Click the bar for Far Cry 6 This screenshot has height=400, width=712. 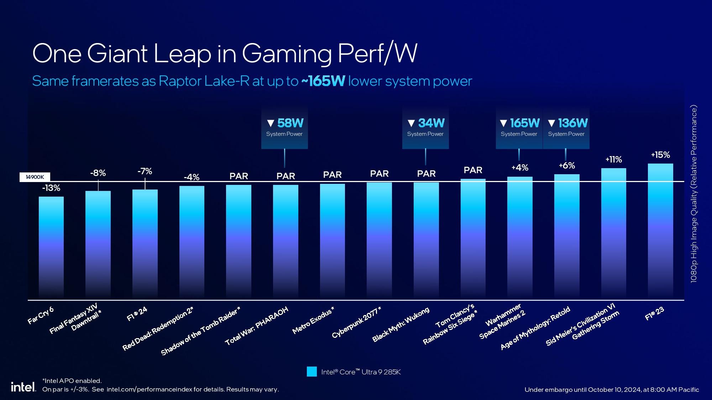[x=51, y=247]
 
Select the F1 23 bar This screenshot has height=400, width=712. [x=660, y=231]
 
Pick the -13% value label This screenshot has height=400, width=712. [x=51, y=188]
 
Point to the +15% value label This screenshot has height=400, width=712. [x=660, y=155]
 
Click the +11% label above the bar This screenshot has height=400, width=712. [x=613, y=160]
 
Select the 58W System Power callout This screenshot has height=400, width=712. [x=284, y=127]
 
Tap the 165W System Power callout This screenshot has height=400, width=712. [x=519, y=127]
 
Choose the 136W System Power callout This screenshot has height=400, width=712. [x=566, y=127]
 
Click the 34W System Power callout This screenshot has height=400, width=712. [x=425, y=127]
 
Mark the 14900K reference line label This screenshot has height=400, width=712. [x=35, y=177]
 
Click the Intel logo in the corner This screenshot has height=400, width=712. [x=23, y=387]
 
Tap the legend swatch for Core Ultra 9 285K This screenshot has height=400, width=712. [x=311, y=372]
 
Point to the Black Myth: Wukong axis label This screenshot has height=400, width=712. [x=401, y=325]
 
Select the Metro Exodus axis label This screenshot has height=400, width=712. [x=313, y=321]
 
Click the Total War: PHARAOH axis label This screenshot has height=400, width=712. [x=256, y=326]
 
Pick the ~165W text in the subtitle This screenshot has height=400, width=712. [x=323, y=81]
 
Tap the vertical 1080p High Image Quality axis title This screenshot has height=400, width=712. [x=694, y=194]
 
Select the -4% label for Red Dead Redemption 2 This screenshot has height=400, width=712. [x=192, y=177]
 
